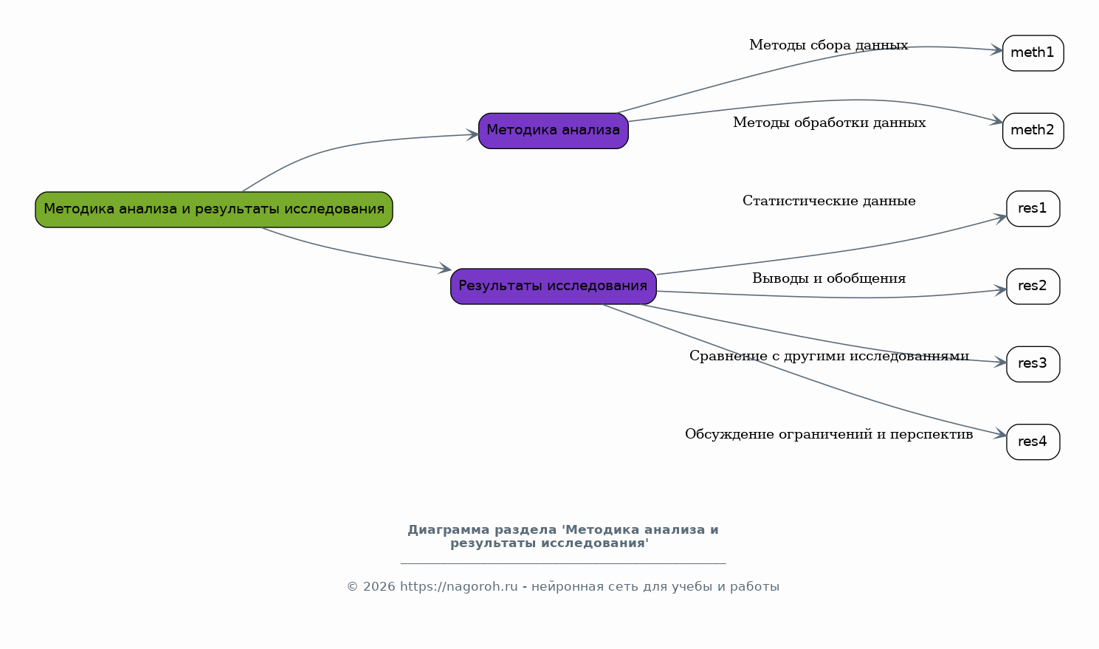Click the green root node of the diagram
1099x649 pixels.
tap(214, 210)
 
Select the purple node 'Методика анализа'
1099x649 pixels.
tap(554, 131)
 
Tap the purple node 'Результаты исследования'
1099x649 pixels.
tap(554, 286)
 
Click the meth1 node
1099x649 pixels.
tap(1033, 53)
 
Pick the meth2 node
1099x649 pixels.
tap(1033, 131)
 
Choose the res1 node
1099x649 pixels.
tap(1033, 209)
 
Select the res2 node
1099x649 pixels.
tap(1033, 286)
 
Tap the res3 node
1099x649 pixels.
tap(1033, 364)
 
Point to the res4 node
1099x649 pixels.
tap(1033, 442)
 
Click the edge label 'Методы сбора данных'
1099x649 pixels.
tap(828, 46)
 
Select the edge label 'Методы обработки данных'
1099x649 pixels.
tap(829, 123)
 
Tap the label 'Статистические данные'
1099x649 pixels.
tap(829, 202)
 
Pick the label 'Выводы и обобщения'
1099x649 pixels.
tap(829, 279)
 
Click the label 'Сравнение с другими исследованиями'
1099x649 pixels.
tap(829, 357)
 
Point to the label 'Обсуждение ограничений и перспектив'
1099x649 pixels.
tap(829, 435)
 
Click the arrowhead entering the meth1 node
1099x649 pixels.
tap(996, 51)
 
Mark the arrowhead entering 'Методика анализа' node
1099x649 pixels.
tap(472, 134)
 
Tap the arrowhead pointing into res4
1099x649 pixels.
tap(1000, 435)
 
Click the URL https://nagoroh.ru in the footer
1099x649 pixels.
tap(458, 587)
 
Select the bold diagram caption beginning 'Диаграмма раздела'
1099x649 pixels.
tap(562, 537)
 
